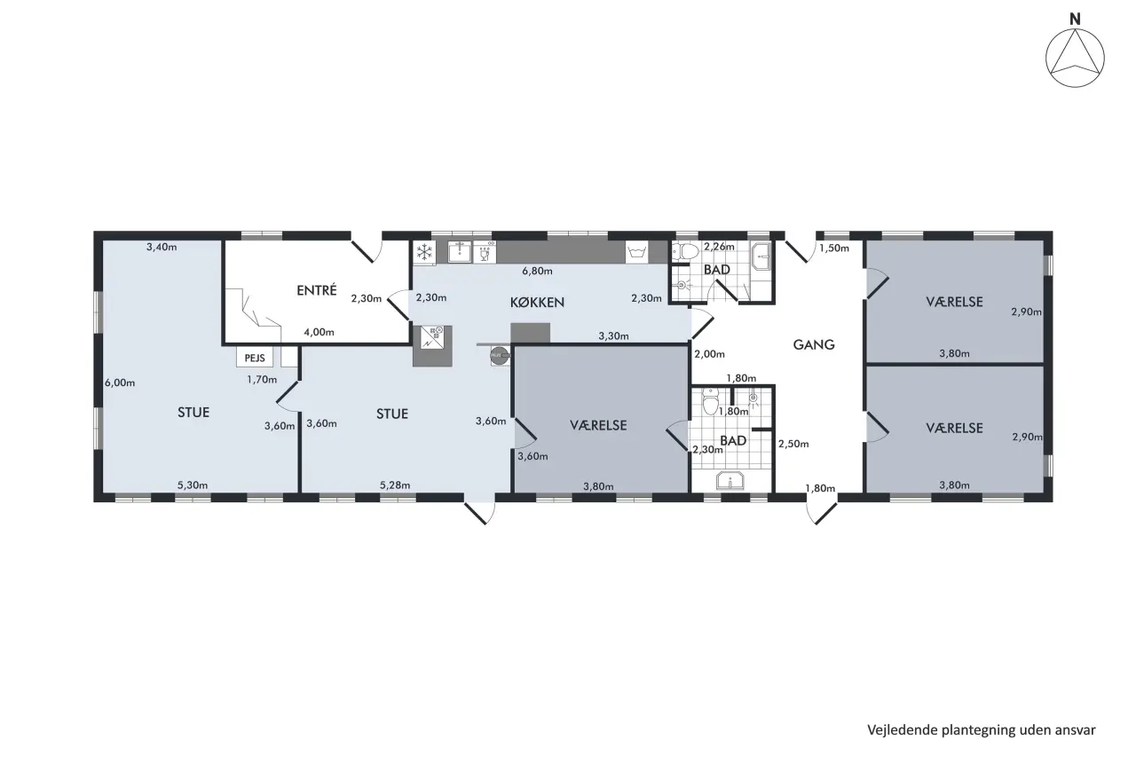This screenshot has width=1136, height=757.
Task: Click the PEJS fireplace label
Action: point(255,358)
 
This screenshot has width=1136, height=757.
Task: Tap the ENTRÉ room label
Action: point(317,290)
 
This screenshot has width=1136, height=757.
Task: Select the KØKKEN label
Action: point(537,303)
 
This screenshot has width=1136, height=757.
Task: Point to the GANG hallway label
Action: point(814,345)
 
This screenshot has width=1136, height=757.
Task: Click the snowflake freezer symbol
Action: point(424,252)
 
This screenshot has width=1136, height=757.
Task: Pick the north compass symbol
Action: point(1075,58)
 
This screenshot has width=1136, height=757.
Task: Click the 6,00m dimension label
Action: point(120,382)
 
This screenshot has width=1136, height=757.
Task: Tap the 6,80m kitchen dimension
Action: point(537,271)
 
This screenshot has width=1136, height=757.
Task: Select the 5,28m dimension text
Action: point(395,485)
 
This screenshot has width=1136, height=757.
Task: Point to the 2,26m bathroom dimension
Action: point(719,247)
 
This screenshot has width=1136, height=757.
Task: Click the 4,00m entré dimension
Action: point(319,332)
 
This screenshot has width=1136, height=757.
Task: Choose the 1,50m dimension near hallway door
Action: point(833,248)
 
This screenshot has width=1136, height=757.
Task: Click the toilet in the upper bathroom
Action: point(685,251)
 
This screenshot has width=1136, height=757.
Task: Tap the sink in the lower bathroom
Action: point(730,480)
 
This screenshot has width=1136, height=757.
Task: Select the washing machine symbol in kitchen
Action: point(636,252)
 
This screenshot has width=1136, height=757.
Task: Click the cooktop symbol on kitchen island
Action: point(432,338)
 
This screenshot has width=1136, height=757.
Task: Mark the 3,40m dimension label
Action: point(162,247)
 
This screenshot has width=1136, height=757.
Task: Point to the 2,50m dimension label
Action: point(793,444)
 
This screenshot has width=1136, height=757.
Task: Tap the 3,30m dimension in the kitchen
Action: point(613,335)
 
